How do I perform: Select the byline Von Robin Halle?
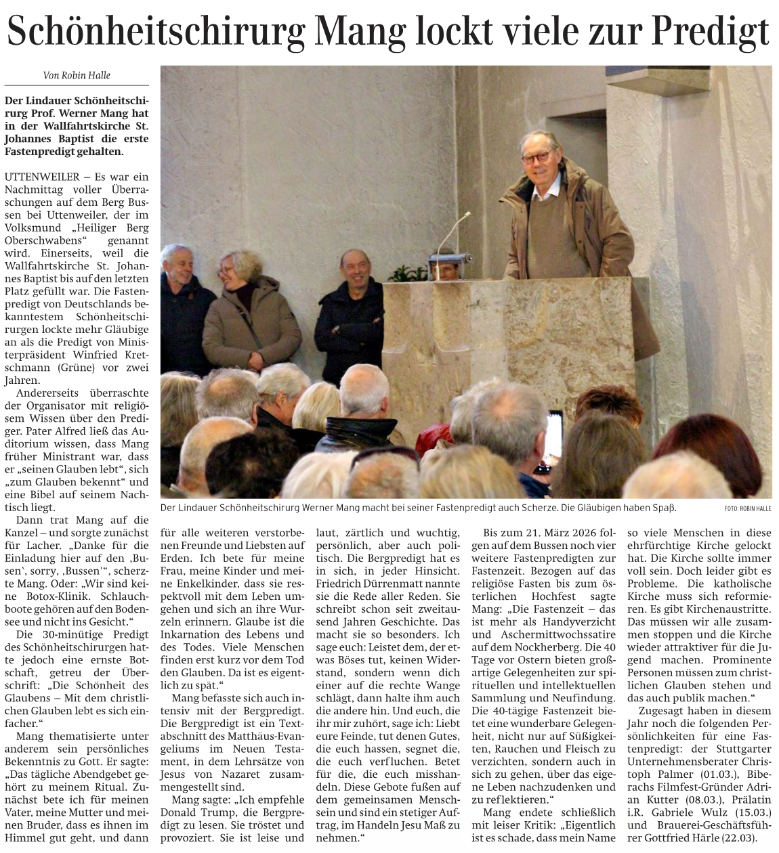pos(76,75)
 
